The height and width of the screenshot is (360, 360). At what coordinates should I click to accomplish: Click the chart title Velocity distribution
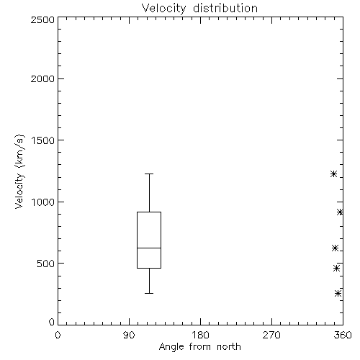pyautogui.click(x=199, y=8)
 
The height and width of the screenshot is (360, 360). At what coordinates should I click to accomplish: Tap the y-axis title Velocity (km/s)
pyautogui.click(x=19, y=172)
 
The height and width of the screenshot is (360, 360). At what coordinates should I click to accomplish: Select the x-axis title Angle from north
pyautogui.click(x=199, y=347)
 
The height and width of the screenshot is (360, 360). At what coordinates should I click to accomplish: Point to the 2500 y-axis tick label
pyautogui.click(x=42, y=19)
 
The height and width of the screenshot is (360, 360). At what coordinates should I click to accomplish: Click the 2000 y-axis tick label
pyautogui.click(x=42, y=78)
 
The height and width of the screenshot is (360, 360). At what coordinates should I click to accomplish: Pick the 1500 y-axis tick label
pyautogui.click(x=43, y=140)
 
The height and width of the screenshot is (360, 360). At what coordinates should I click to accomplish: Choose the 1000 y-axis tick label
pyautogui.click(x=43, y=202)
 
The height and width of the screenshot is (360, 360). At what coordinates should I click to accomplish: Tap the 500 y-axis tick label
pyautogui.click(x=46, y=264)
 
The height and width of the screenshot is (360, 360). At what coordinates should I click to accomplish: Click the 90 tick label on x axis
pyautogui.click(x=129, y=335)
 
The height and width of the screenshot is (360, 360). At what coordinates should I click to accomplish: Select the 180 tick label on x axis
pyautogui.click(x=200, y=335)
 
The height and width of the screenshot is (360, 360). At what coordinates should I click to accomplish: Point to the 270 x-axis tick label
pyautogui.click(x=271, y=335)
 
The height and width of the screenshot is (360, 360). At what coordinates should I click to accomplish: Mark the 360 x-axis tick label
pyautogui.click(x=343, y=335)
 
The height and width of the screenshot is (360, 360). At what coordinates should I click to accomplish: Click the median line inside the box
pyautogui.click(x=149, y=248)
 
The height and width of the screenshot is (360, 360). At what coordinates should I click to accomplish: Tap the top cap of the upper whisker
pyautogui.click(x=149, y=174)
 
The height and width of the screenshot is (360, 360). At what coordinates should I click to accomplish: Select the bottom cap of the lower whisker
pyautogui.click(x=149, y=293)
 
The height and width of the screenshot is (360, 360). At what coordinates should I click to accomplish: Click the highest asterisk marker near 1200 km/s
pyautogui.click(x=333, y=174)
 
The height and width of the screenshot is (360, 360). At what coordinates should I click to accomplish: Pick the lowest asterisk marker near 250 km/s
pyautogui.click(x=338, y=293)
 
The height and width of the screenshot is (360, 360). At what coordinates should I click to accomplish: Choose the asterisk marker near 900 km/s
pyautogui.click(x=340, y=212)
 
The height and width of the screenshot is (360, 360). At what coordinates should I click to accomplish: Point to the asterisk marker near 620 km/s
pyautogui.click(x=335, y=248)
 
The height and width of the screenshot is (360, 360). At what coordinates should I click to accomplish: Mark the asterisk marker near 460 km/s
pyautogui.click(x=336, y=268)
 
